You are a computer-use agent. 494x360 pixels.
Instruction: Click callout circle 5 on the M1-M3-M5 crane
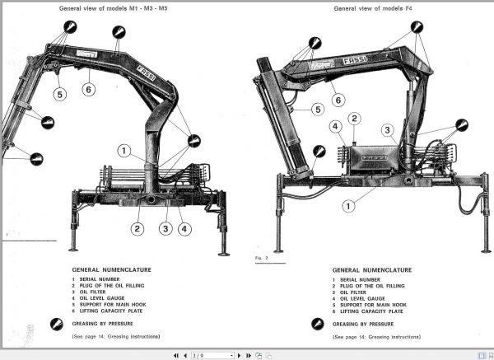(59, 94)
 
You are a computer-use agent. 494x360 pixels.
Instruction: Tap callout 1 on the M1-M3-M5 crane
(123, 151)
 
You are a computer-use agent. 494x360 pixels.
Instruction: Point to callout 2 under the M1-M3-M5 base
(137, 229)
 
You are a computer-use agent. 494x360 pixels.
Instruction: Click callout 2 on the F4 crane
(355, 118)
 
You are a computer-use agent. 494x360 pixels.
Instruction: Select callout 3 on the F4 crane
(386, 130)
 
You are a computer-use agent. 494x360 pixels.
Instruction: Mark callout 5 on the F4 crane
(317, 109)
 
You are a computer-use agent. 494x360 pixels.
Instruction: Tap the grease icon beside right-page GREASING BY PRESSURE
(320, 325)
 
